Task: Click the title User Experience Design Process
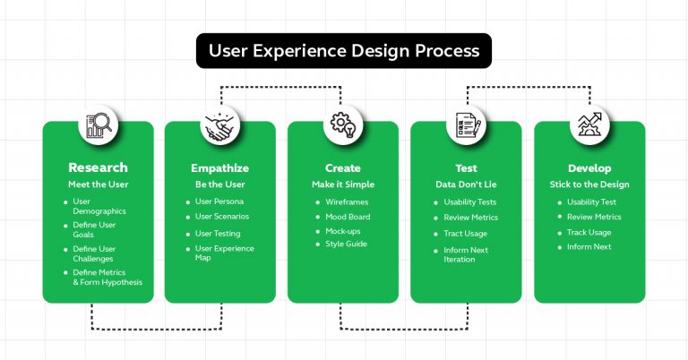[344, 51]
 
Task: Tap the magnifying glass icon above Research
[98, 126]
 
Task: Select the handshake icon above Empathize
[220, 126]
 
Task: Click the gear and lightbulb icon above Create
[343, 126]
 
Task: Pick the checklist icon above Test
[466, 126]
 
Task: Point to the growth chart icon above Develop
[589, 126]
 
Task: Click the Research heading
[98, 167]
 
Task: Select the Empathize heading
[220, 167]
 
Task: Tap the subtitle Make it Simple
[343, 184]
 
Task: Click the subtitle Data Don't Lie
[466, 184]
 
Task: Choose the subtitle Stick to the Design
[589, 184]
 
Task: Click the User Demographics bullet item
[99, 207]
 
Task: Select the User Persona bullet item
[219, 201]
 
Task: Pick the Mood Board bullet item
[348, 216]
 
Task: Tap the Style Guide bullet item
[346, 244]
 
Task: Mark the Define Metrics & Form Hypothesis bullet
[107, 277]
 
